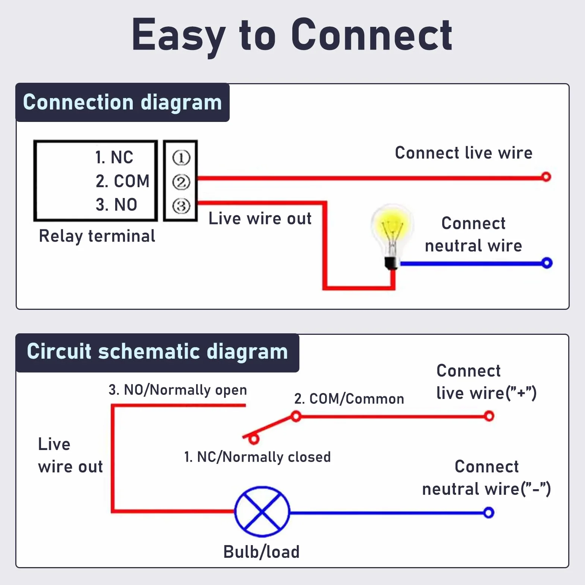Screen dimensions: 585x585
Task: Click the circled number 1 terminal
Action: [181, 158]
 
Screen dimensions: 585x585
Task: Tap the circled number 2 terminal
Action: [181, 182]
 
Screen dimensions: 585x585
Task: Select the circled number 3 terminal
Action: [181, 206]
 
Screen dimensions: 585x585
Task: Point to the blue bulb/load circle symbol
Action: [262, 512]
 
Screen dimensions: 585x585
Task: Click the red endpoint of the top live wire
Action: [546, 177]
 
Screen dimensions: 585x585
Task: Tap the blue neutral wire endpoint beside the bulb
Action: [547, 263]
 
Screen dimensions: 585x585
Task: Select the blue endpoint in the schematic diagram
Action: [488, 513]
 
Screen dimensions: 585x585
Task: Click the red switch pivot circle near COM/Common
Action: [296, 416]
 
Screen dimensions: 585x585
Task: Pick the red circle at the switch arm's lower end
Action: [254, 440]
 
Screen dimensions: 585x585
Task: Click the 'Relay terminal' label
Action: [97, 236]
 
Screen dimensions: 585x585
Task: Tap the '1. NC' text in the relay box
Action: [114, 157]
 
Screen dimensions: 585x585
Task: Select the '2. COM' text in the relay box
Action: [122, 181]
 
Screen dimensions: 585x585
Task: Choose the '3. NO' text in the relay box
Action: [116, 205]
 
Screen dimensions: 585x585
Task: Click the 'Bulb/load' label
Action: [261, 552]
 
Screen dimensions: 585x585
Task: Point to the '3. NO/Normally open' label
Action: [178, 390]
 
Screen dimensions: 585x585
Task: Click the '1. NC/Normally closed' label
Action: [258, 457]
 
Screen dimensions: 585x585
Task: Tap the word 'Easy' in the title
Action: [179, 36]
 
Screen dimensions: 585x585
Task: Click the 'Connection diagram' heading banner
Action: [122, 102]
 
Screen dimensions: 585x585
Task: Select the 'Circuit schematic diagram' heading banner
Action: [157, 352]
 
